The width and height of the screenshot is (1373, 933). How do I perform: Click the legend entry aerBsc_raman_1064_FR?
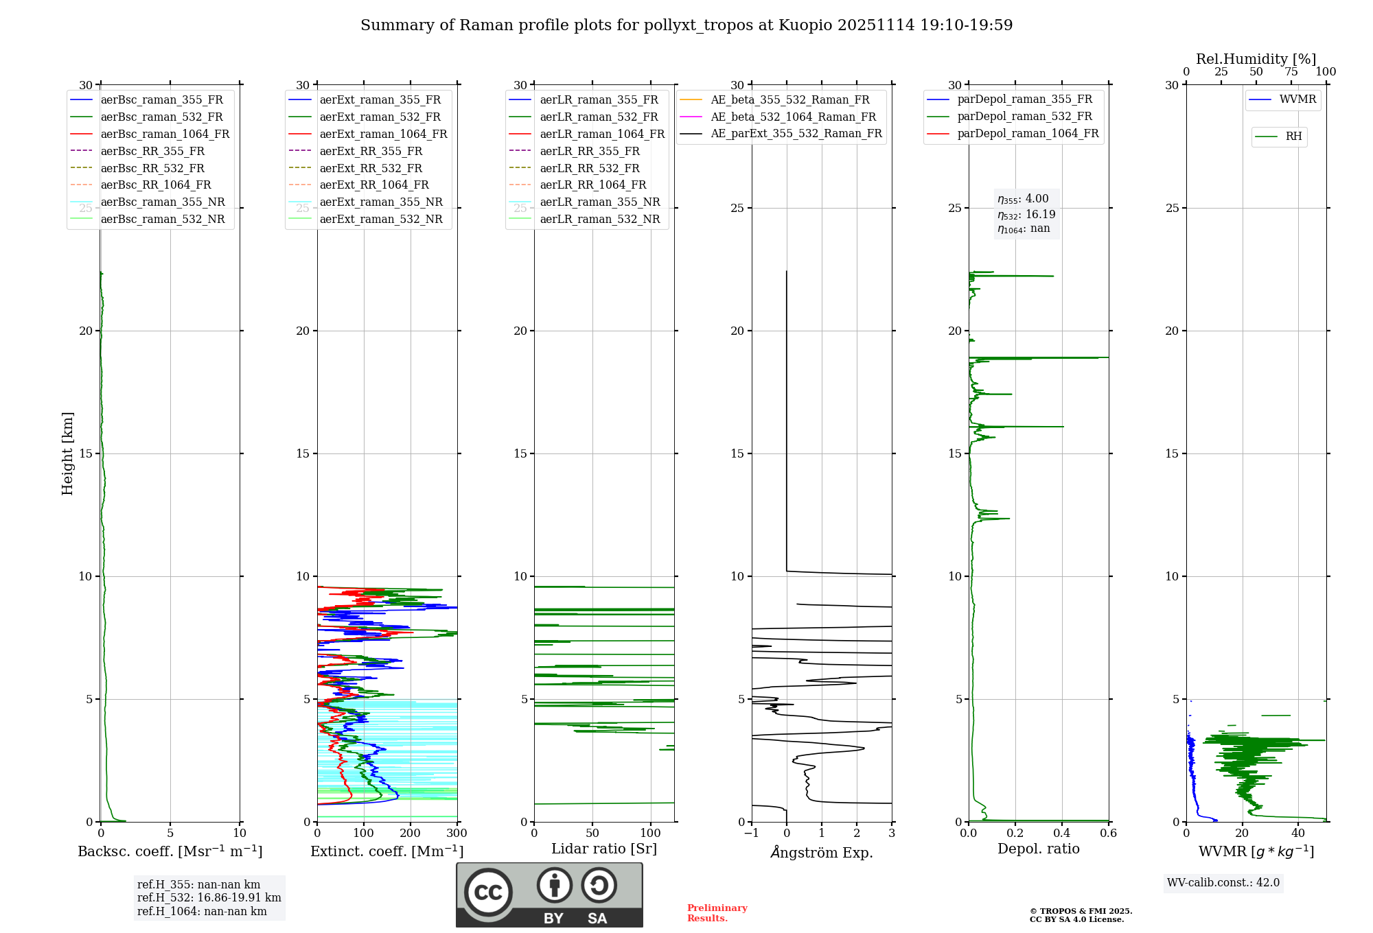[x=165, y=134]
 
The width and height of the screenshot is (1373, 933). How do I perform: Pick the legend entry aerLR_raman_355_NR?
[x=599, y=202]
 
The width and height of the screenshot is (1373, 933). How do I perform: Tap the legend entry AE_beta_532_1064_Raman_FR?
[x=793, y=117]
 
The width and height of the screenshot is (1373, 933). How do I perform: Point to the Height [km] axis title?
[x=67, y=453]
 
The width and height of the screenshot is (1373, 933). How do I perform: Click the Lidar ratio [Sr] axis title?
[x=604, y=849]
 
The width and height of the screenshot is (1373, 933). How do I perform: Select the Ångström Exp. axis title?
[x=822, y=853]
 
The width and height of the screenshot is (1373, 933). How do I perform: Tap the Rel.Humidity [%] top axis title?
[x=1256, y=59]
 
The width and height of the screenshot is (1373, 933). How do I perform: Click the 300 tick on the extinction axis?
[x=457, y=834]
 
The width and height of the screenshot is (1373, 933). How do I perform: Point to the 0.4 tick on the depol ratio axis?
[x=1062, y=834]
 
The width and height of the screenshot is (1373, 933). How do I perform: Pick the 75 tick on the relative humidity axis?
[x=1291, y=72]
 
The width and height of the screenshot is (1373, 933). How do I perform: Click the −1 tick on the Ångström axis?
[x=752, y=834]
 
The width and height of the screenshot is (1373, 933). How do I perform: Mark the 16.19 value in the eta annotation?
[x=1040, y=215]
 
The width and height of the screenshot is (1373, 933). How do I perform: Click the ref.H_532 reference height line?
[x=209, y=898]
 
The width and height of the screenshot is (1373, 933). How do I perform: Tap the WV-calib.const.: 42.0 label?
[x=1223, y=883]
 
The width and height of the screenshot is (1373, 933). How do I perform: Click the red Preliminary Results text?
[x=717, y=913]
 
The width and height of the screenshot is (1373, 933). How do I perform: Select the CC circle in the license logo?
[x=488, y=893]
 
